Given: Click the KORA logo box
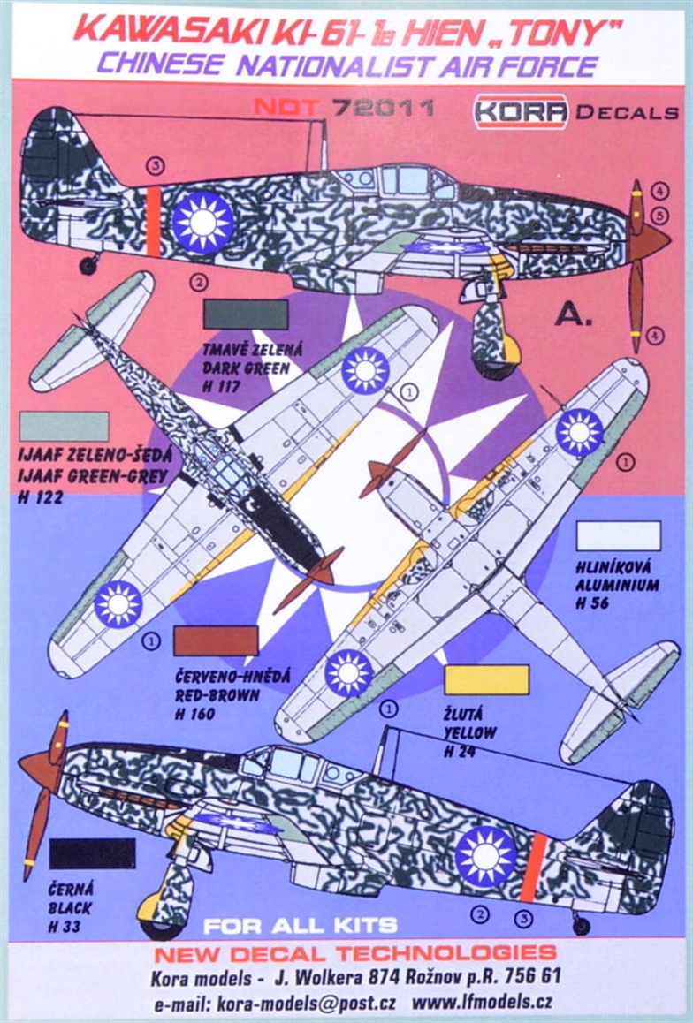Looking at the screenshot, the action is (x=522, y=111).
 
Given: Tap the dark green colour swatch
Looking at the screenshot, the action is (x=246, y=314).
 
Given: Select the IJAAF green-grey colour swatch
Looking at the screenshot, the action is (x=64, y=427).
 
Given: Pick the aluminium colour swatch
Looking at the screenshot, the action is (x=619, y=535).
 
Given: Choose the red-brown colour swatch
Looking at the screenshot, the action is (x=216, y=640).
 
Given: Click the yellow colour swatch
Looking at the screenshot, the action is (x=486, y=679).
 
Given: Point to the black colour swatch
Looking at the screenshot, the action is (x=92, y=853).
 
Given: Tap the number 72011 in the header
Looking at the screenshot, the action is (x=383, y=107).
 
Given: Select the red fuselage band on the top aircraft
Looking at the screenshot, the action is (x=153, y=222).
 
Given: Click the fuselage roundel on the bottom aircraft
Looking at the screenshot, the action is (x=485, y=857).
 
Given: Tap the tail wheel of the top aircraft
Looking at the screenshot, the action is (x=88, y=264).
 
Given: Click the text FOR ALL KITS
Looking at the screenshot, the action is (x=301, y=925).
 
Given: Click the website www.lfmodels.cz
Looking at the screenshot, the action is (x=483, y=1002).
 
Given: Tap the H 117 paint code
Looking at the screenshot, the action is (x=222, y=387).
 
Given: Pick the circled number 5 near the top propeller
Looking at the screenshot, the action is (x=659, y=216).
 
